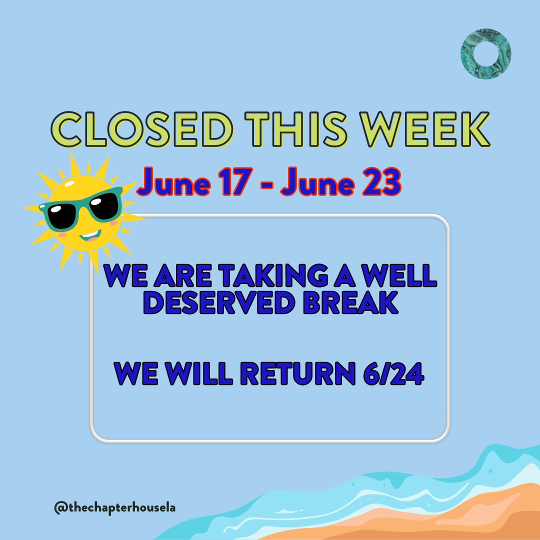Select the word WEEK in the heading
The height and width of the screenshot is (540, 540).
[x=421, y=129]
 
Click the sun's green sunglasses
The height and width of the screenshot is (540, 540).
[x=82, y=209]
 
